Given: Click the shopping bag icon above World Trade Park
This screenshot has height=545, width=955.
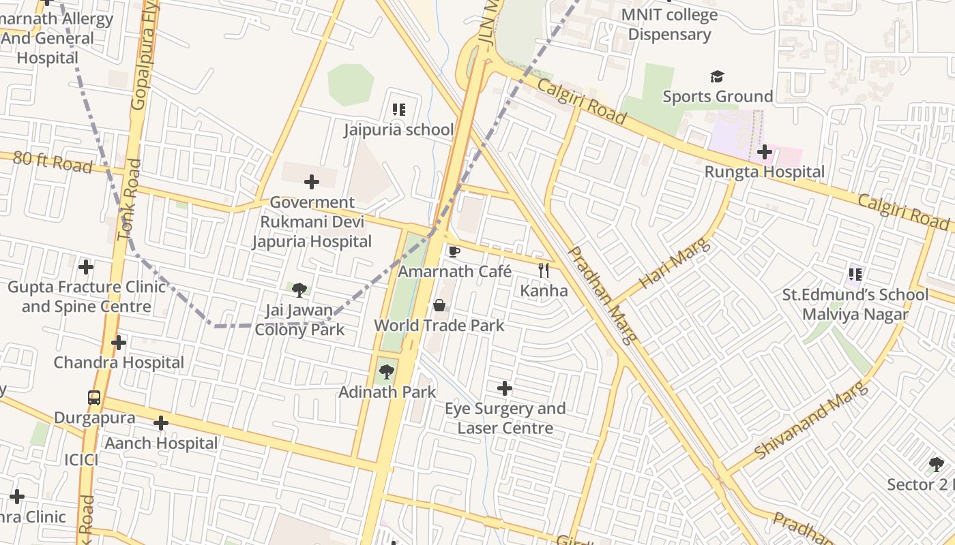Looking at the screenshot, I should click(x=440, y=305).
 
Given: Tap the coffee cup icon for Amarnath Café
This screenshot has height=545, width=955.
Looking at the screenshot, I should click(x=454, y=251).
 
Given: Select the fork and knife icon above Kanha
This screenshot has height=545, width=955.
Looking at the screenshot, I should click(x=544, y=270).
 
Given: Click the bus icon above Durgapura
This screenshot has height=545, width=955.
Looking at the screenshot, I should click(x=94, y=397).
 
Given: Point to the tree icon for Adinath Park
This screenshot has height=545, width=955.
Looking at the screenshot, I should click(x=387, y=372).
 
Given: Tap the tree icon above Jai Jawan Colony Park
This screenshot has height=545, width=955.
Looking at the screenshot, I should click(x=299, y=290).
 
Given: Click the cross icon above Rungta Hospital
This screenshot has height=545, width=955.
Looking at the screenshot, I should click(x=764, y=151).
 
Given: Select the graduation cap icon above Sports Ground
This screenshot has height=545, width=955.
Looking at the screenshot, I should click(x=717, y=76).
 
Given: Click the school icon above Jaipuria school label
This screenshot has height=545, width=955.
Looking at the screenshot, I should click(x=399, y=109).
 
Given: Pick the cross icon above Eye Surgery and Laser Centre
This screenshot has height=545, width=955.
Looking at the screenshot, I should click(x=505, y=388).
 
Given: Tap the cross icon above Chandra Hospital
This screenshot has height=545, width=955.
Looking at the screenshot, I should click(x=119, y=342).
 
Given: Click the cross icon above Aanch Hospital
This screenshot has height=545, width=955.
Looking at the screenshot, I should click(x=161, y=423).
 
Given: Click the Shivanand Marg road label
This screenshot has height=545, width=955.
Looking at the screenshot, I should click(x=812, y=420).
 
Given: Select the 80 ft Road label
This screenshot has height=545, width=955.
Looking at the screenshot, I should click(x=53, y=162).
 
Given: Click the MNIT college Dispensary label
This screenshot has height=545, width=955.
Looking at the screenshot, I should click(x=669, y=25).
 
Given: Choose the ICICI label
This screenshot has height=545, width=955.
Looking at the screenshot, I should click(x=81, y=460).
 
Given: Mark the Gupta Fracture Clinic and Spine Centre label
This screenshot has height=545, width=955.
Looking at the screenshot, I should click(x=87, y=296).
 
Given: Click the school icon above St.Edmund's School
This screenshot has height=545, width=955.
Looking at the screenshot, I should click(x=855, y=275).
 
